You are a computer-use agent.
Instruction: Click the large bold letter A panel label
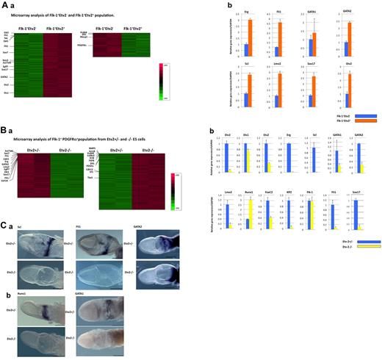pyautogui.click(x=5, y=6)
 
